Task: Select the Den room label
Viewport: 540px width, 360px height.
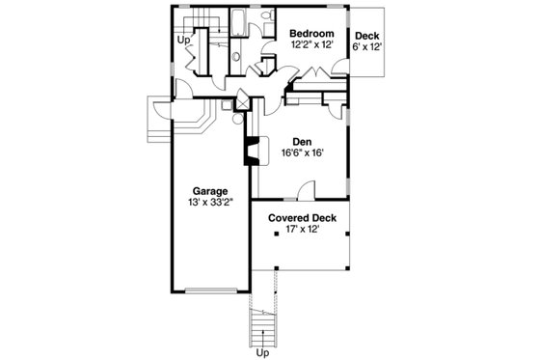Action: click(x=302, y=140)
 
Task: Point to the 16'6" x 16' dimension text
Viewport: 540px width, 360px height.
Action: click(x=302, y=152)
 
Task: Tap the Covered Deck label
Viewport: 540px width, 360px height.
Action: click(x=301, y=217)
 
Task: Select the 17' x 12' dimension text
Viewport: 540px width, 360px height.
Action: click(x=301, y=230)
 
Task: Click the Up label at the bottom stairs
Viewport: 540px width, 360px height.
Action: click(x=261, y=353)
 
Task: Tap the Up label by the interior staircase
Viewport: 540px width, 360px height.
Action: click(x=182, y=40)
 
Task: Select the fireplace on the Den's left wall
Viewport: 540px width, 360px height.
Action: click(x=250, y=150)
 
